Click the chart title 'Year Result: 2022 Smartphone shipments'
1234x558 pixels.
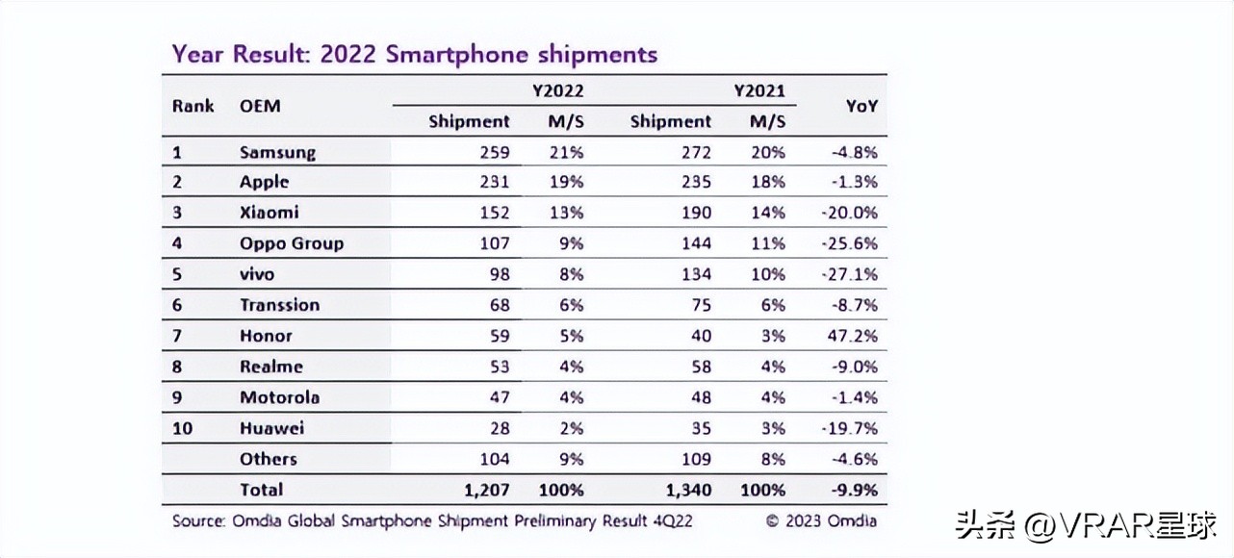click(414, 54)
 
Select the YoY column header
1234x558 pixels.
click(861, 107)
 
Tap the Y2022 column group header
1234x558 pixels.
click(558, 91)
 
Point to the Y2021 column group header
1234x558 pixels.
click(759, 91)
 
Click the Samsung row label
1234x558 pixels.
click(277, 152)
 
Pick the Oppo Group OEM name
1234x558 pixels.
click(291, 243)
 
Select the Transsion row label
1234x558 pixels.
click(279, 305)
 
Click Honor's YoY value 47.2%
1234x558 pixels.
click(855, 336)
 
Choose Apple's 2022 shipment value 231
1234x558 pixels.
click(494, 182)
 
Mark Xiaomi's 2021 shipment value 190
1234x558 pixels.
click(695, 213)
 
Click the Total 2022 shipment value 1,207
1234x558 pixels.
click(486, 490)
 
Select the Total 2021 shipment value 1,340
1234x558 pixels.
click(687, 490)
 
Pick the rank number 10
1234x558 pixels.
click(183, 428)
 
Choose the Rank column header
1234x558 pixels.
click(193, 106)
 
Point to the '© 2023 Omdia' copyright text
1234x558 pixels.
click(821, 521)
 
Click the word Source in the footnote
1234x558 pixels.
click(197, 521)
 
